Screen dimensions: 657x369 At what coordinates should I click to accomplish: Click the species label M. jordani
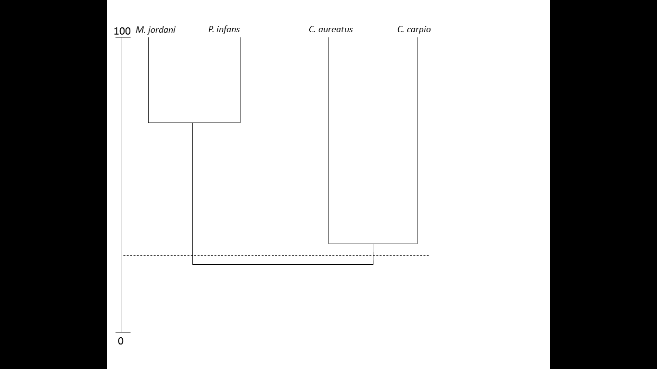click(x=155, y=30)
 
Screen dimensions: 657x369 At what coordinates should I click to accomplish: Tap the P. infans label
click(x=224, y=29)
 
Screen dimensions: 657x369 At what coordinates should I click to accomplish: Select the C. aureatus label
click(x=330, y=29)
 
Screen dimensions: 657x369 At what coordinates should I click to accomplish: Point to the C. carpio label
click(x=414, y=29)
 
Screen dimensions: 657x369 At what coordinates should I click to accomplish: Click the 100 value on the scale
click(x=122, y=31)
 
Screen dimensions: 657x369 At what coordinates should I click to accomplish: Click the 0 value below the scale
click(x=121, y=341)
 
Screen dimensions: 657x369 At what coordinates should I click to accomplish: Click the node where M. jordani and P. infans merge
click(x=192, y=123)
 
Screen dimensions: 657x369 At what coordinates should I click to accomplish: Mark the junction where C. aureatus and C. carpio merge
click(x=373, y=244)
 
